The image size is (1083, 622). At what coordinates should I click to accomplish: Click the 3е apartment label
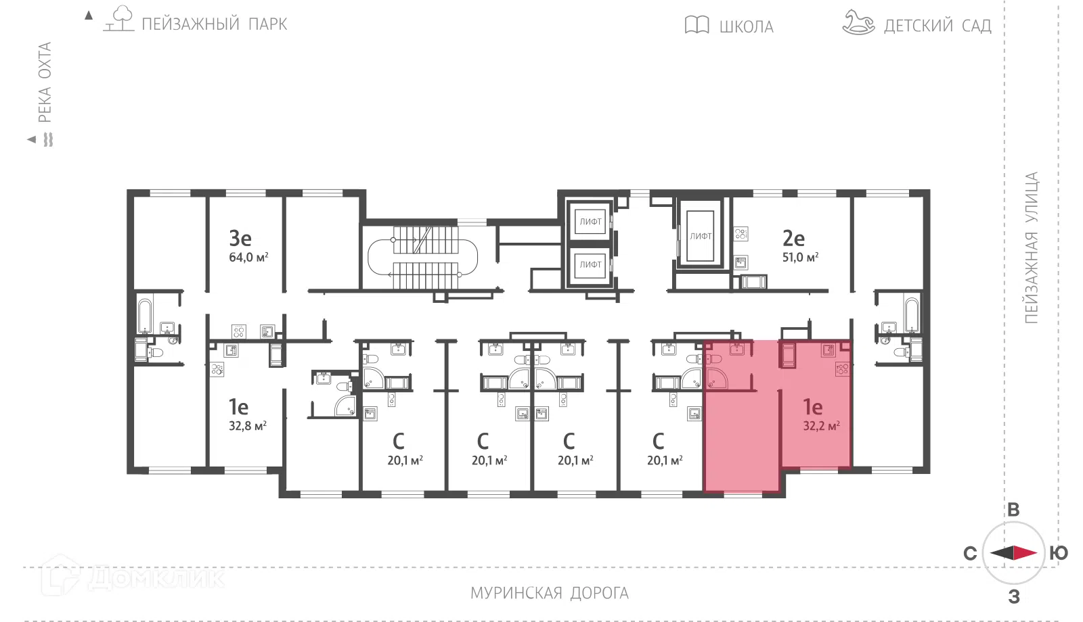coord(240,238)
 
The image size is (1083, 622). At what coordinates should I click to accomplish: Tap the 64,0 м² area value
coord(248,257)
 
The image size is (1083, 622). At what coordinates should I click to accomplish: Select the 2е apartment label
coord(793,238)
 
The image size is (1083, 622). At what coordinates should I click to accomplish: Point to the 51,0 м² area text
coord(801,257)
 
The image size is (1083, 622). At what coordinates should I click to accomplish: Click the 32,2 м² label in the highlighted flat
coord(822,426)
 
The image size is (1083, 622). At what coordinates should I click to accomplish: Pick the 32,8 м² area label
coord(248,426)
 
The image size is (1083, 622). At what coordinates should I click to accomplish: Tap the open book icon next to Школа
coord(697,24)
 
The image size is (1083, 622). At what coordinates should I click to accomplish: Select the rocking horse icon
coord(859,23)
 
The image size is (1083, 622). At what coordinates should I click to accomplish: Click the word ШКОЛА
coord(747,27)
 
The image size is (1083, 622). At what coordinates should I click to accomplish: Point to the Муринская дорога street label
coord(550,593)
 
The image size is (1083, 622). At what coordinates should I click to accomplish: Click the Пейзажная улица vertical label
coord(1032,247)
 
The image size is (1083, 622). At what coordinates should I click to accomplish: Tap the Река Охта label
coord(45,82)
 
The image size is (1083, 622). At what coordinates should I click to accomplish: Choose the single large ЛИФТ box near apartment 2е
coord(700,236)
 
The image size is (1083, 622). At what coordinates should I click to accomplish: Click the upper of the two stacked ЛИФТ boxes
coord(590,222)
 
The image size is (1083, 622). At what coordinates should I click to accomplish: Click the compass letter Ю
coord(1059,552)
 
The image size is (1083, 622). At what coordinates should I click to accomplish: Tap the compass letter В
coord(1013,510)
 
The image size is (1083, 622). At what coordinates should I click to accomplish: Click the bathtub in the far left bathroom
coord(145,316)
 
